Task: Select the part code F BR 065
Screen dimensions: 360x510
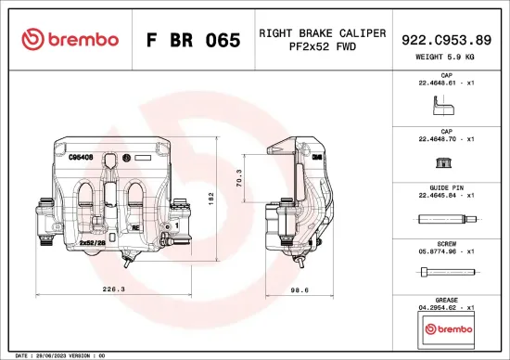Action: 193,40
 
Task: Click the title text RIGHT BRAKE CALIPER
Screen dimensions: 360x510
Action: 322,32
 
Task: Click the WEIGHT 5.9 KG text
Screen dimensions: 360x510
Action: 446,57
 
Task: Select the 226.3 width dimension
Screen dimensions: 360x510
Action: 113,289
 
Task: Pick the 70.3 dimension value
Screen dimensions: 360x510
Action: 239,176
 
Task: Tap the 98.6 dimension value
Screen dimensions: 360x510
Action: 299,289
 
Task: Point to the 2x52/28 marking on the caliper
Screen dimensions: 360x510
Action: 93,242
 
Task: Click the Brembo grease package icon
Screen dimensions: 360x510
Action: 446,328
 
